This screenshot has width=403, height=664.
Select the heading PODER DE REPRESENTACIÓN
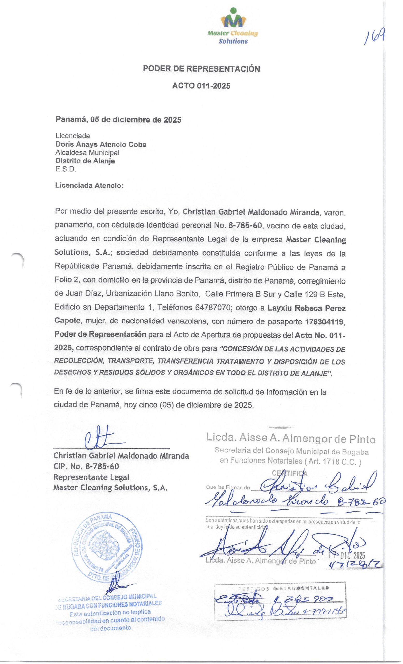pos(201,69)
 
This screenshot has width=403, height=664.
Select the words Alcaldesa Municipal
pos(87,153)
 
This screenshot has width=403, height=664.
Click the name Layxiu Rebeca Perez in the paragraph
pos(306,308)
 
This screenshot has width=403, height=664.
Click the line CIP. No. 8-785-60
pos(86,466)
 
